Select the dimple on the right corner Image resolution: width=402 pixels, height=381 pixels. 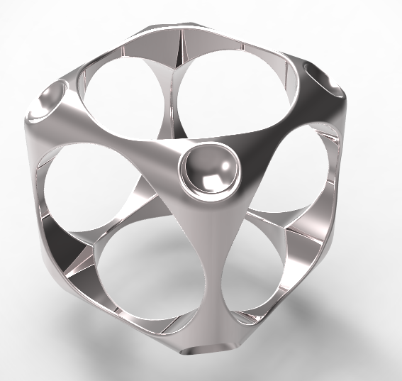[325, 79]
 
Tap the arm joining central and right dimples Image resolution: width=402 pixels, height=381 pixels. [277, 128]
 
